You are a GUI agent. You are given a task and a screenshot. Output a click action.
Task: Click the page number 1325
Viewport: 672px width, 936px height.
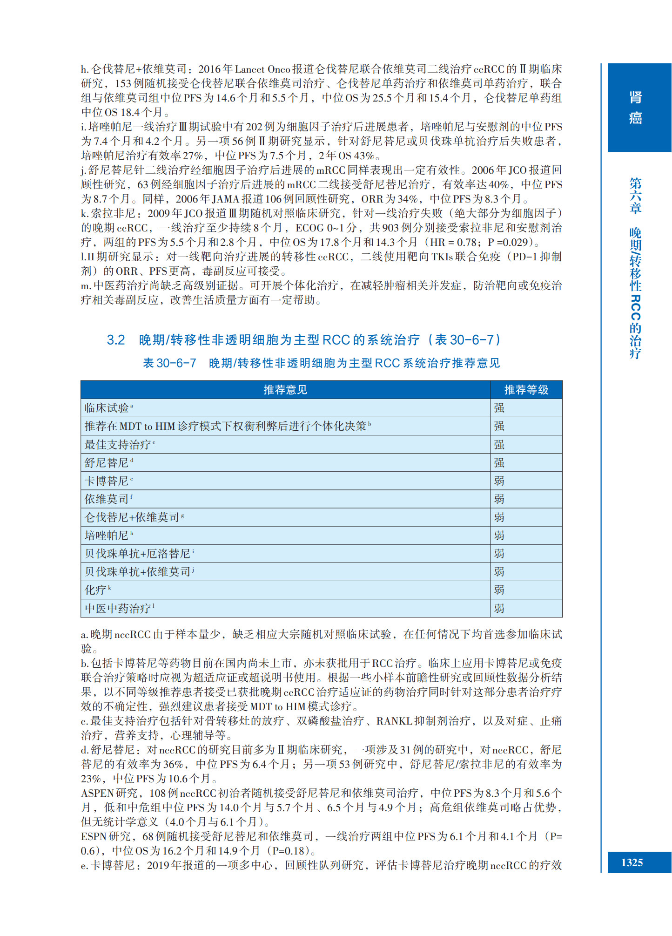tap(632, 862)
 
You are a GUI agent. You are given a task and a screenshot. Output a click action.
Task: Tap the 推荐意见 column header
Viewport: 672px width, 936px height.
tap(285, 390)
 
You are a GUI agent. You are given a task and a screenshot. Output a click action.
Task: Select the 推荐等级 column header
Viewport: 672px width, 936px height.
tap(526, 390)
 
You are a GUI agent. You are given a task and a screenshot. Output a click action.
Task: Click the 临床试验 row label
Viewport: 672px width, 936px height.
tap(107, 408)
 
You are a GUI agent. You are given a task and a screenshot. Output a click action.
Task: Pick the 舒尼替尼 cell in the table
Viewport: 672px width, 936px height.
tap(107, 463)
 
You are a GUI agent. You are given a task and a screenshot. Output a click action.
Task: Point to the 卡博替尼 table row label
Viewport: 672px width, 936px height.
tap(107, 481)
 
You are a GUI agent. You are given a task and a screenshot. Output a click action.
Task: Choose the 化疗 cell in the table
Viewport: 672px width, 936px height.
tap(95, 590)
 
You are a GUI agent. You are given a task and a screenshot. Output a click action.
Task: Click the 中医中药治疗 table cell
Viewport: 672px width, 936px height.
tap(118, 608)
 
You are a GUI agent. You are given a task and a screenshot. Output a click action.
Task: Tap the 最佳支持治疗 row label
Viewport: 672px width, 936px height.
tap(118, 445)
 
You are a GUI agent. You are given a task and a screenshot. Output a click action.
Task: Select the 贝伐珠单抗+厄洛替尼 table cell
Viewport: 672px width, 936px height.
tap(137, 554)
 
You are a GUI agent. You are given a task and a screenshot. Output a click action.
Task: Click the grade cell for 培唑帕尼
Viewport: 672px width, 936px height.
tap(499, 536)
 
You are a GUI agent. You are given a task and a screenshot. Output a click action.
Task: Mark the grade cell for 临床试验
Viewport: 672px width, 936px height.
tap(499, 408)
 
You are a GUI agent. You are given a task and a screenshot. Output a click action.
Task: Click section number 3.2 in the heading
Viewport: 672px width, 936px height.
tap(116, 340)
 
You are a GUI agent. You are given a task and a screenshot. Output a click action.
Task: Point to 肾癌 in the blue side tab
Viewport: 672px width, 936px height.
tap(636, 108)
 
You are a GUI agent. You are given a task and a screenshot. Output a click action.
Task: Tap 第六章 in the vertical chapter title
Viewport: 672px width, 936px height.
tap(636, 195)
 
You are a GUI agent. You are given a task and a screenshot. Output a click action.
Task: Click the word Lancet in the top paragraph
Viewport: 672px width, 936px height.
tap(249, 69)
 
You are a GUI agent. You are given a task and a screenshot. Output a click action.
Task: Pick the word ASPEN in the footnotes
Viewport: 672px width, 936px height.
tap(97, 793)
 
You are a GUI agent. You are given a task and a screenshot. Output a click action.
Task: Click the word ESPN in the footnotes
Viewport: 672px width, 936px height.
tap(94, 836)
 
